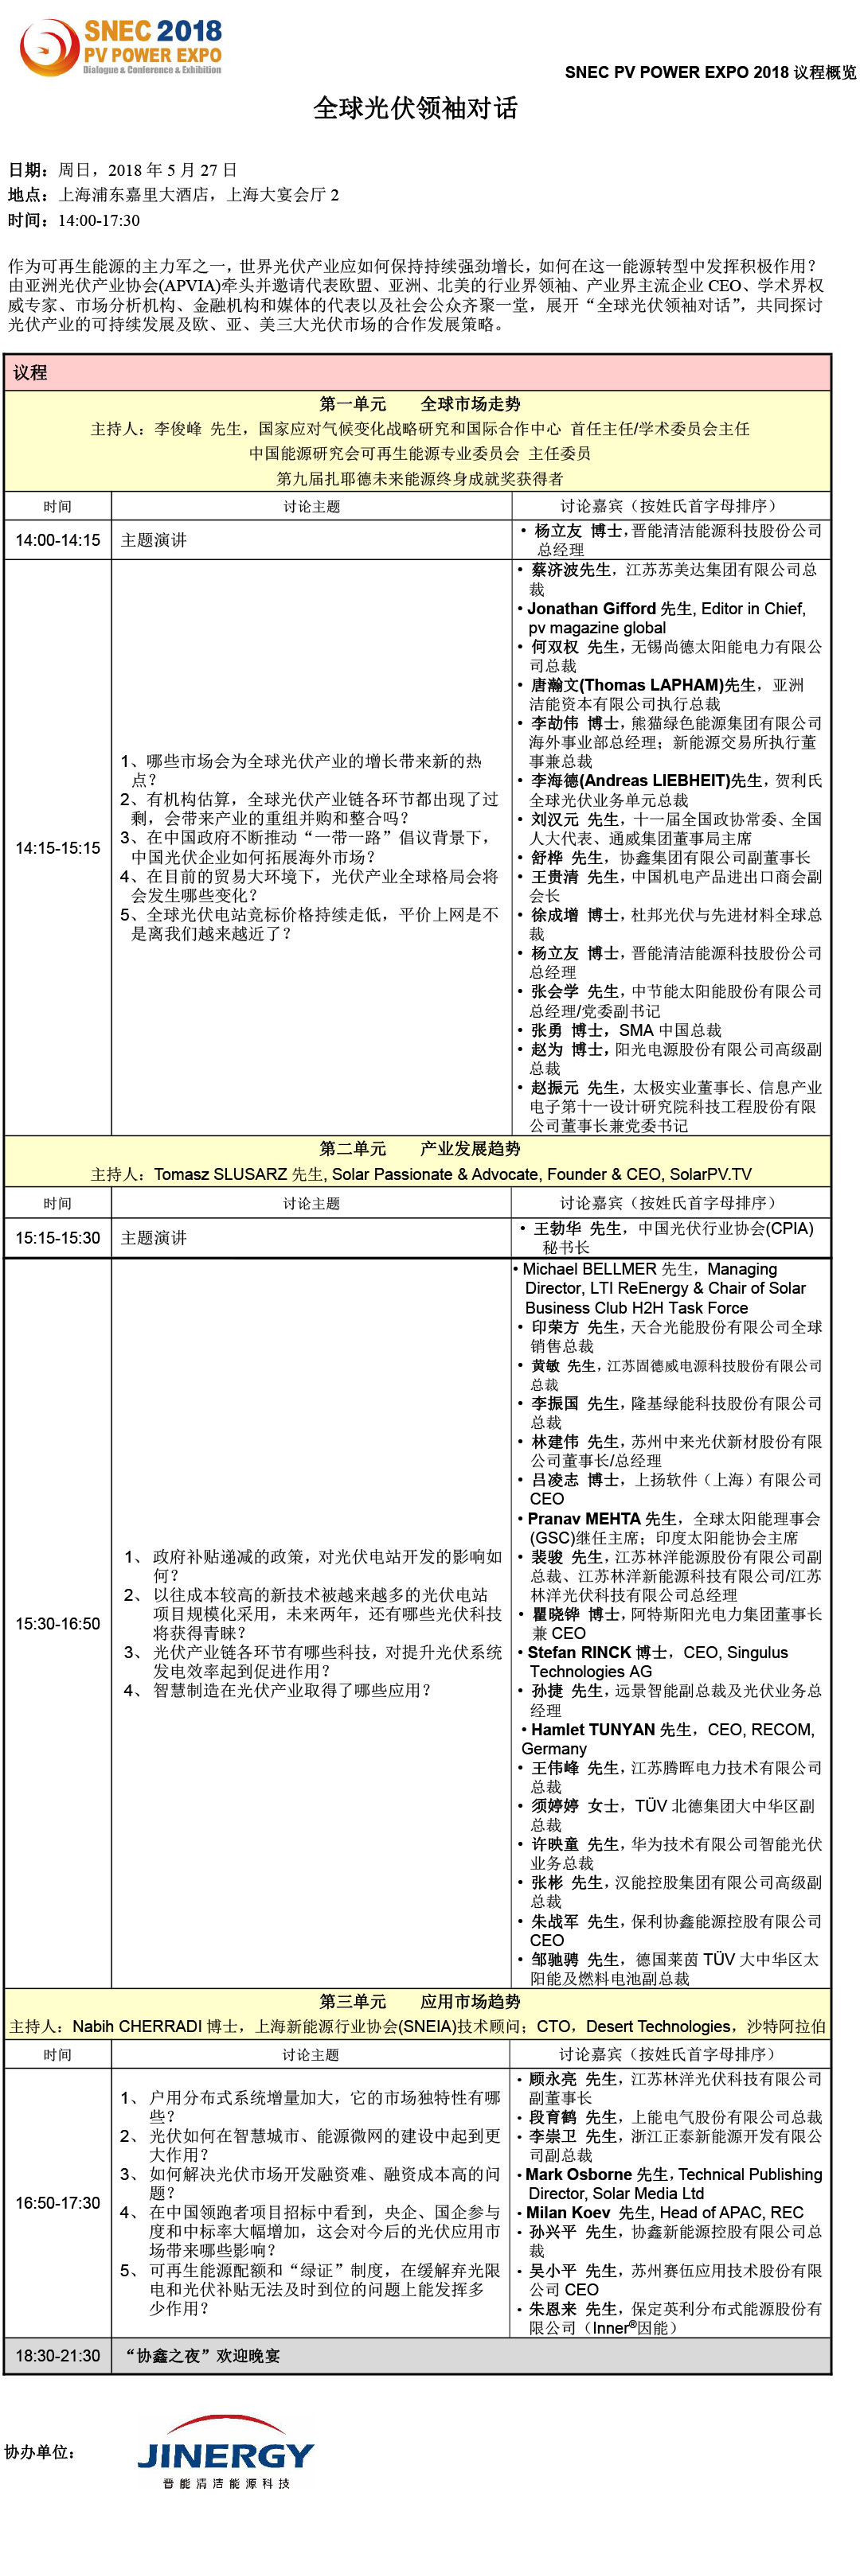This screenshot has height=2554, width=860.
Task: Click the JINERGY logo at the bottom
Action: click(225, 2455)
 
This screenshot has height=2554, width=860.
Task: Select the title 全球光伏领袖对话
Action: click(415, 108)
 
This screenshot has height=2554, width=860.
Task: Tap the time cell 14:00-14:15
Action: click(57, 540)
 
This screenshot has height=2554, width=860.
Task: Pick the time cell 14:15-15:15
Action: click(57, 847)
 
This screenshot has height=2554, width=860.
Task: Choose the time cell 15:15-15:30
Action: click(57, 1237)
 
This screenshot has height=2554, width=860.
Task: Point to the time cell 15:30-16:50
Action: click(57, 1623)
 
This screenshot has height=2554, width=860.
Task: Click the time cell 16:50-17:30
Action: click(57, 2202)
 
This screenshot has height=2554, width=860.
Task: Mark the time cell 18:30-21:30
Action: click(57, 2355)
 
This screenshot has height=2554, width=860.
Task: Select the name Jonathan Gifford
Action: click(591, 609)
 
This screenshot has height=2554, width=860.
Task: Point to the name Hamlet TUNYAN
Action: click(593, 1729)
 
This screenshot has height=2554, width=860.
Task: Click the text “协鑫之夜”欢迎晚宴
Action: click(201, 2355)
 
